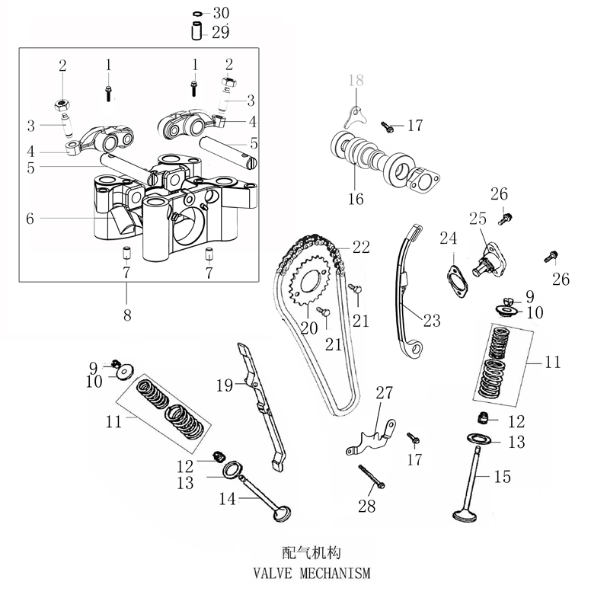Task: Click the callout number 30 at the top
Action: [220, 14]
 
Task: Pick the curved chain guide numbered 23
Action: [404, 289]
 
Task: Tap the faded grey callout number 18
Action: [357, 81]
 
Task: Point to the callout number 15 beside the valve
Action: [502, 477]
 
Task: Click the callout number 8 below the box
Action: [127, 314]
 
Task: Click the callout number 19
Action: [223, 386]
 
